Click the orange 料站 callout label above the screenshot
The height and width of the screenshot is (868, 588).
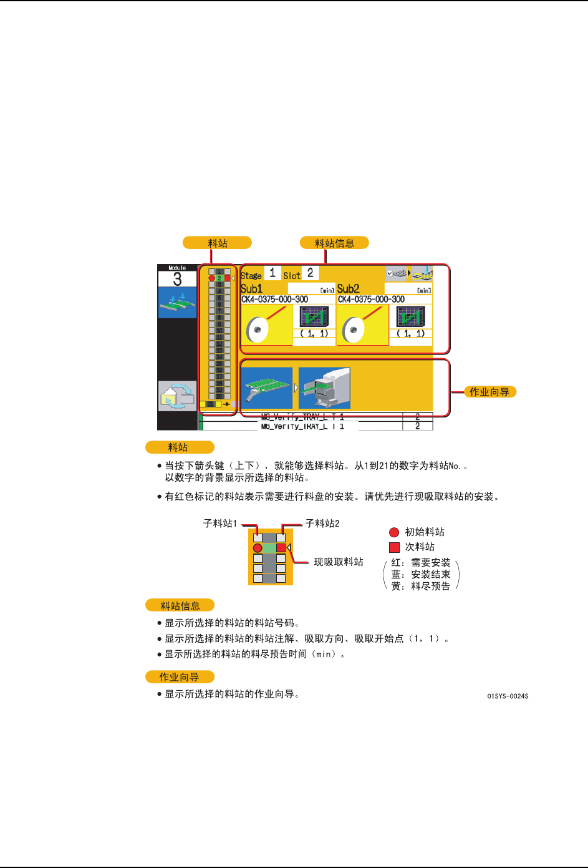click(217, 243)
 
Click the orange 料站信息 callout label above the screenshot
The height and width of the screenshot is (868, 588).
click(334, 243)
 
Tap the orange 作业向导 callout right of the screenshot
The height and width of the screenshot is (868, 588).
click(489, 392)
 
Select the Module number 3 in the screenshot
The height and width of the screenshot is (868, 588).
click(177, 279)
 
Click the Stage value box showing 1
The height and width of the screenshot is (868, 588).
click(272, 273)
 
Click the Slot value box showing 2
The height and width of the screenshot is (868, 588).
click(310, 273)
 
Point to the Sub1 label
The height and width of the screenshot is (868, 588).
click(252, 289)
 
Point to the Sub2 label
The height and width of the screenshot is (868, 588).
click(348, 289)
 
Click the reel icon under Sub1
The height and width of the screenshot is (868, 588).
click(258, 328)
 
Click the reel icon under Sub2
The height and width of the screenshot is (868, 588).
click(354, 328)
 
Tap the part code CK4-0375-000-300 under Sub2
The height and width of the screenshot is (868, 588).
click(372, 300)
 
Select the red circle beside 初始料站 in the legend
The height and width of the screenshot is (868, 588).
click(394, 532)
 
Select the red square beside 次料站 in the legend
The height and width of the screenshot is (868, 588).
click(394, 547)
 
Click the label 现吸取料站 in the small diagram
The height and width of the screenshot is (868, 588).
click(339, 562)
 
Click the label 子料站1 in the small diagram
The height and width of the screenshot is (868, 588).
click(220, 524)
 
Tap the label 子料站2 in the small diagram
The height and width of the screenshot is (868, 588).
click(322, 524)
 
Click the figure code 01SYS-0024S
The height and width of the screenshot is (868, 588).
click(508, 696)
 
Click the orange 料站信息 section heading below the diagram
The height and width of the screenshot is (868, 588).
click(180, 605)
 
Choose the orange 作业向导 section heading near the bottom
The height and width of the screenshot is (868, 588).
click(180, 677)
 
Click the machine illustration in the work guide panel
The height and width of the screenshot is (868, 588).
click(324, 388)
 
